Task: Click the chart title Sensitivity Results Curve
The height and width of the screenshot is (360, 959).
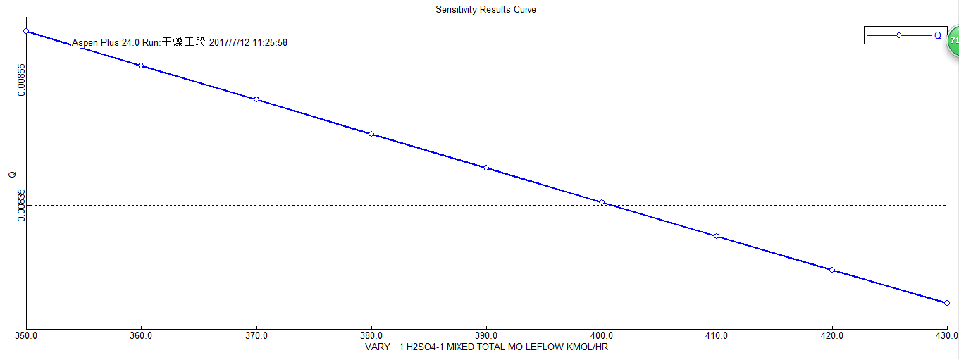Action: [x=485, y=10]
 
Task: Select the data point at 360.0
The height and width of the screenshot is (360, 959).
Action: [x=141, y=66]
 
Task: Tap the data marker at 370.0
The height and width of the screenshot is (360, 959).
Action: [x=256, y=99]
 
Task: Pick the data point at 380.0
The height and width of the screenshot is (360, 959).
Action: [x=371, y=134]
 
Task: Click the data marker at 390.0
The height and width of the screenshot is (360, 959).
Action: [x=486, y=168]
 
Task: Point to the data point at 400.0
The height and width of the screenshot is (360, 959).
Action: [x=602, y=202]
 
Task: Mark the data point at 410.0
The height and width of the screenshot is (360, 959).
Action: [x=717, y=236]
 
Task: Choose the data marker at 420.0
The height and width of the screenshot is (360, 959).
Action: [x=832, y=270]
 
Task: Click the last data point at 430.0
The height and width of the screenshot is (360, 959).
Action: [x=947, y=303]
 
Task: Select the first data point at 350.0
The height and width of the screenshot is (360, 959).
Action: [x=26, y=31]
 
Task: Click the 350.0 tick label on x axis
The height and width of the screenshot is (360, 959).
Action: [x=26, y=336]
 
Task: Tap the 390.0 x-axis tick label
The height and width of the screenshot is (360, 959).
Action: [x=486, y=336]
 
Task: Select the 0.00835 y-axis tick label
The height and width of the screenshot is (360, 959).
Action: [x=22, y=205]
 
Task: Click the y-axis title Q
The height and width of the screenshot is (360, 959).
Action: [x=12, y=175]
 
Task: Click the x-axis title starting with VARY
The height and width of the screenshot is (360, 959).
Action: [x=486, y=347]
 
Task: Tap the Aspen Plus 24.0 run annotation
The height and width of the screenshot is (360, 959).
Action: [x=180, y=43]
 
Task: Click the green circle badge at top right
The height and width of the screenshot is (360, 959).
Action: [x=953, y=40]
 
